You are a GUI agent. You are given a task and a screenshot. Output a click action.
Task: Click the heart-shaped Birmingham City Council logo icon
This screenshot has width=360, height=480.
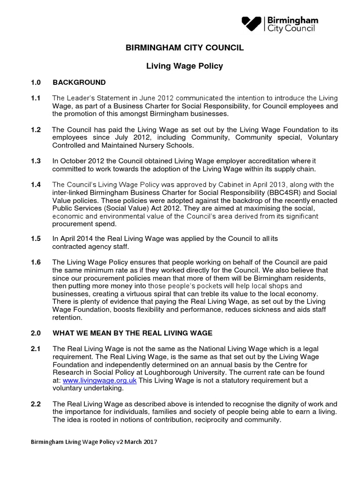click(252, 23)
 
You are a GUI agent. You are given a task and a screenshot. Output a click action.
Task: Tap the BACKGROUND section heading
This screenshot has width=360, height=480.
click(79, 82)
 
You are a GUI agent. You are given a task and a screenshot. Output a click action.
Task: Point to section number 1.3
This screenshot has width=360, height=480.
click(36, 161)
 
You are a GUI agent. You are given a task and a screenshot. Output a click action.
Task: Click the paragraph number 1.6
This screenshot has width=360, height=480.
click(36, 262)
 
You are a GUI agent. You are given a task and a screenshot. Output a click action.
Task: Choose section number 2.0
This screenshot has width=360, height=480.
click(36, 333)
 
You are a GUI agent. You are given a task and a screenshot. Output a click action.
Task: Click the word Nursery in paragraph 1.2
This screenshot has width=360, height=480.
click(135, 145)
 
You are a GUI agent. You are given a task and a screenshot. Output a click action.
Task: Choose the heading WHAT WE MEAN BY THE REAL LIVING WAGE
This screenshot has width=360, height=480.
click(132, 333)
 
